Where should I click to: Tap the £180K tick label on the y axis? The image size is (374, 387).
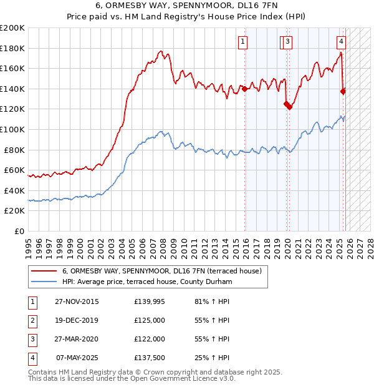12,48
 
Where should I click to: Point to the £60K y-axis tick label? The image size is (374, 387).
14,170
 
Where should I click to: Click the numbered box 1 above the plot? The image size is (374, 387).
242,42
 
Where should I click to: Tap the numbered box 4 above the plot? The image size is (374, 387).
342,42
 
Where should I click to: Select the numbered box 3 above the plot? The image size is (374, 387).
287,42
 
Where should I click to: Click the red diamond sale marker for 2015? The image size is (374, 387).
244,89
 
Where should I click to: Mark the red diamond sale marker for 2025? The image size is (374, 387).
343,91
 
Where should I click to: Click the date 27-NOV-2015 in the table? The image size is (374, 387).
77,302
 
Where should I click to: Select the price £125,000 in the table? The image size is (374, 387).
150,321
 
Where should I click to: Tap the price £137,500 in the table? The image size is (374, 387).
150,358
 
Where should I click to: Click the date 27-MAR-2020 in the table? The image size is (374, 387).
77,340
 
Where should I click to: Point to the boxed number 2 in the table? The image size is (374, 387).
31,321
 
